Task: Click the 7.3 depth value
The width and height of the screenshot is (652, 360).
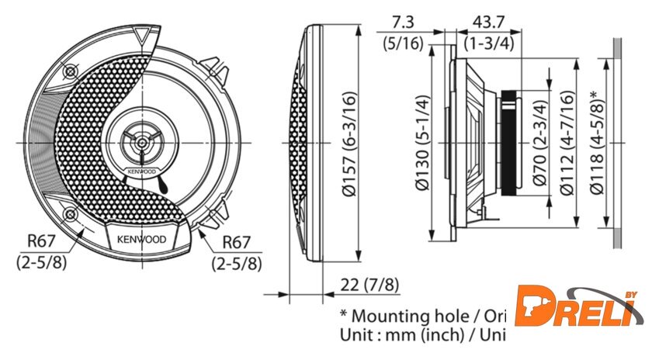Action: pyautogui.click(x=404, y=21)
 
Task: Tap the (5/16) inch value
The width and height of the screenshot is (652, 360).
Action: pyautogui.click(x=403, y=43)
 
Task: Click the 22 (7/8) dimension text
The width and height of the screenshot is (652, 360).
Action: pyautogui.click(x=370, y=285)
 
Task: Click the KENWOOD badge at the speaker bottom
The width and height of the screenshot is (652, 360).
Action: pyautogui.click(x=140, y=240)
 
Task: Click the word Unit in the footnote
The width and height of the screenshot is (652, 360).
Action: pyautogui.click(x=356, y=335)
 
